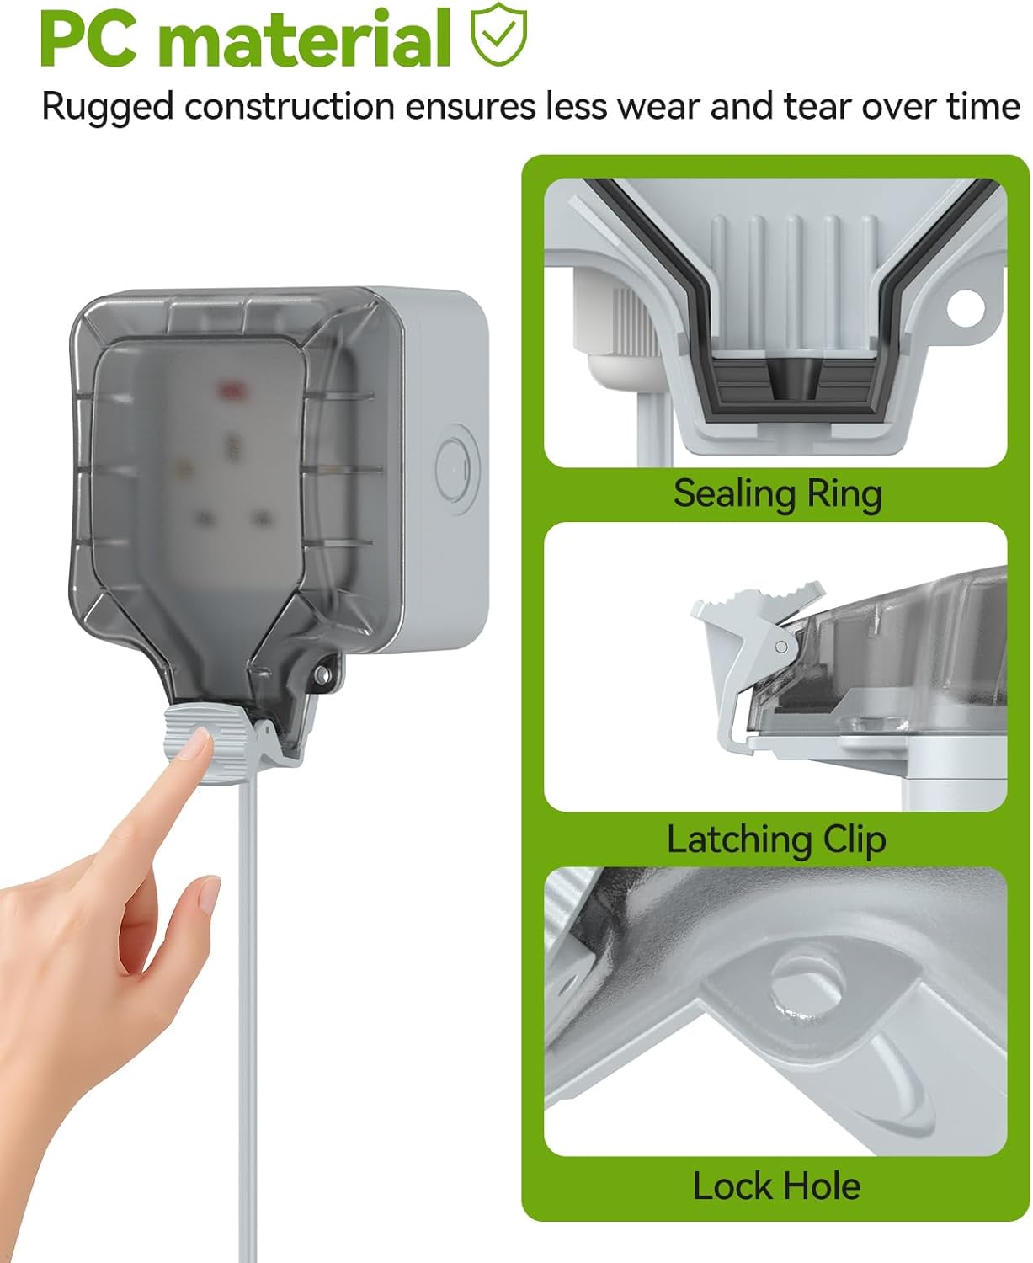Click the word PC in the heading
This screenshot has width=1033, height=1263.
88,40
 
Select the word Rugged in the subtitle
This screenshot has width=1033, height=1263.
107,107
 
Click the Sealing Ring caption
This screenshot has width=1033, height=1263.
777,493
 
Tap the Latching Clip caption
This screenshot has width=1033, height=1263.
776,839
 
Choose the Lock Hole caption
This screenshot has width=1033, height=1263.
776,1186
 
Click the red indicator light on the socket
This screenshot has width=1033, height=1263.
228,390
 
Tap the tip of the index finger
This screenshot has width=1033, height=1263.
199,741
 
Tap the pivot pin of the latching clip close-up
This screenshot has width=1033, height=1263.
781,647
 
